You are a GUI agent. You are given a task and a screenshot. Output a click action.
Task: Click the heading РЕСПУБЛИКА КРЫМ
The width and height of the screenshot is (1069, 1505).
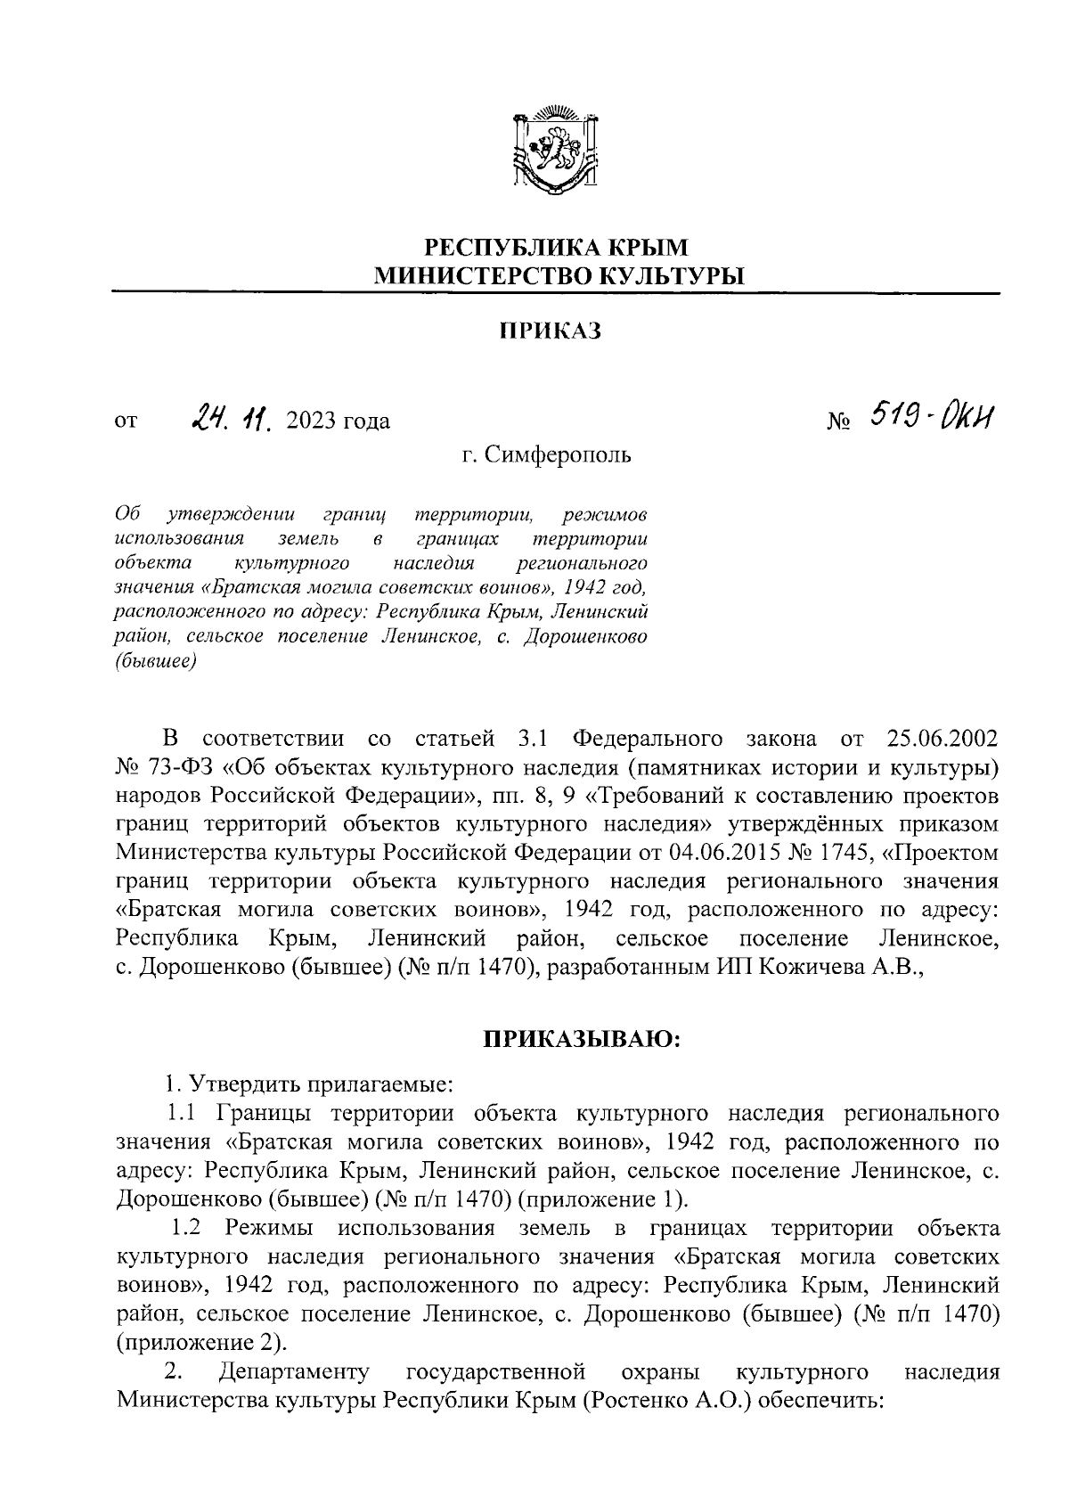[x=555, y=246]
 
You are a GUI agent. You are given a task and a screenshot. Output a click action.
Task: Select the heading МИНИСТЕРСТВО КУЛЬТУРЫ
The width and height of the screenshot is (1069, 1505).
[x=558, y=276]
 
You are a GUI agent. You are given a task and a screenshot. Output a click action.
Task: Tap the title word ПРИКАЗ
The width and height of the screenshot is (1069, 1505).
[x=550, y=331]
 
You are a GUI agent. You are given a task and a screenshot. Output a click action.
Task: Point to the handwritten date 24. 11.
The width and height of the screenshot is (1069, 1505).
[x=230, y=417]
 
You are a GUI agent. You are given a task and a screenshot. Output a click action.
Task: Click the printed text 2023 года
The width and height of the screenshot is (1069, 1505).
[x=339, y=420]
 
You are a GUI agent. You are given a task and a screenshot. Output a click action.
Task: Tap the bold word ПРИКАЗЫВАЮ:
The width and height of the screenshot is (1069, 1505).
[x=582, y=1039]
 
